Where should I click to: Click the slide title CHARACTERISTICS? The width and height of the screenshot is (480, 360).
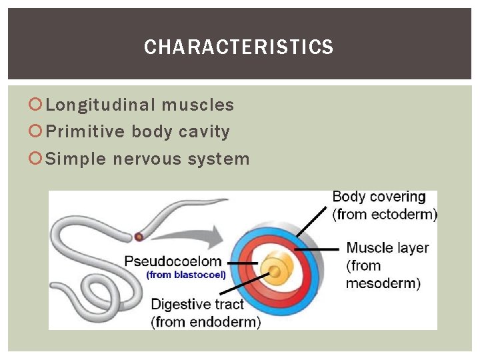click(x=239, y=47)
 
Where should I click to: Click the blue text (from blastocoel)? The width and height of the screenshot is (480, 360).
click(x=186, y=274)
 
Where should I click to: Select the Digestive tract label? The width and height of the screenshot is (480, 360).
click(x=197, y=305)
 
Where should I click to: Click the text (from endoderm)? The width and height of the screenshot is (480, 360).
click(x=206, y=321)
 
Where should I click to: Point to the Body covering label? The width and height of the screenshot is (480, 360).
click(x=379, y=197)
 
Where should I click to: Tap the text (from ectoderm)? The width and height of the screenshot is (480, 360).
click(x=385, y=214)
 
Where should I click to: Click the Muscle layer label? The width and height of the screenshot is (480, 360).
click(x=387, y=248)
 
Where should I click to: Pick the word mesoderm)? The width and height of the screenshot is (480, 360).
click(x=383, y=283)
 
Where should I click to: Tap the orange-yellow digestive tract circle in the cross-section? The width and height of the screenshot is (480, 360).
click(x=276, y=271)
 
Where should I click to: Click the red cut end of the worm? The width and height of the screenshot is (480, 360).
click(x=139, y=236)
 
